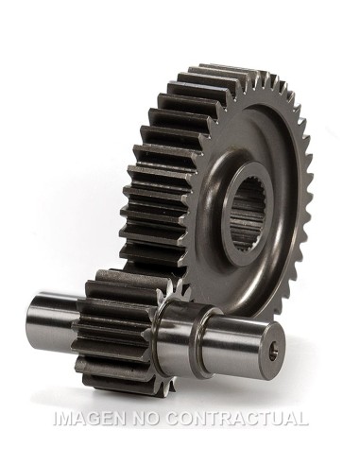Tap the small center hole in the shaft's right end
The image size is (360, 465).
click(x=275, y=350)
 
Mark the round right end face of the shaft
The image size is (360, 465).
click(x=274, y=350)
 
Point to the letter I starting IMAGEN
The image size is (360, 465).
click(x=55, y=419)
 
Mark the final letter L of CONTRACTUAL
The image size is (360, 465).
click(x=303, y=419)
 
